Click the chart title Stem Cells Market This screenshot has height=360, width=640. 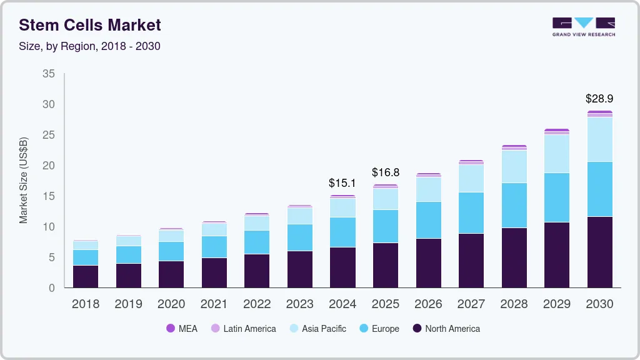pyautogui.click(x=90, y=25)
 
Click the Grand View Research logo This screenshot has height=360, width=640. pyautogui.click(x=583, y=27)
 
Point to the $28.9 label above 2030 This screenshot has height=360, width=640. pyautogui.click(x=599, y=99)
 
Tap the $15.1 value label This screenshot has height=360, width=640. pyautogui.click(x=342, y=183)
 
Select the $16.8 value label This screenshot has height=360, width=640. pyautogui.click(x=386, y=172)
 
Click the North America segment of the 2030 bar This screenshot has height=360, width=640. pyautogui.click(x=599, y=252)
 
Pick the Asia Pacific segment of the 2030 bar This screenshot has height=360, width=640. pyautogui.click(x=599, y=139)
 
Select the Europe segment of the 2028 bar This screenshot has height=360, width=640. pyautogui.click(x=514, y=205)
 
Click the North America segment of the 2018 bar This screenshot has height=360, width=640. pyautogui.click(x=85, y=276)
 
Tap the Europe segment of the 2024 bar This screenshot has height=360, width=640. pyautogui.click(x=342, y=232)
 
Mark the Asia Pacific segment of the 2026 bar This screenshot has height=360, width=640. pyautogui.click(x=428, y=189)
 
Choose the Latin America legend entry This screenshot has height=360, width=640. pyautogui.click(x=243, y=328)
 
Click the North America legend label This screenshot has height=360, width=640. pyautogui.click(x=452, y=328)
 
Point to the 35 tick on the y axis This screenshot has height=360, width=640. pyautogui.click(x=48, y=74)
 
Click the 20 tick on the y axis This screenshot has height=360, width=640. pyautogui.click(x=48, y=166)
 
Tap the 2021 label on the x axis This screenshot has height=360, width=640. pyautogui.click(x=214, y=304)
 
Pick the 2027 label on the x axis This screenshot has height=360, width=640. pyautogui.click(x=471, y=304)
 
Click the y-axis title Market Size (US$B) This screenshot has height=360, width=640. pyautogui.click(x=24, y=181)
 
